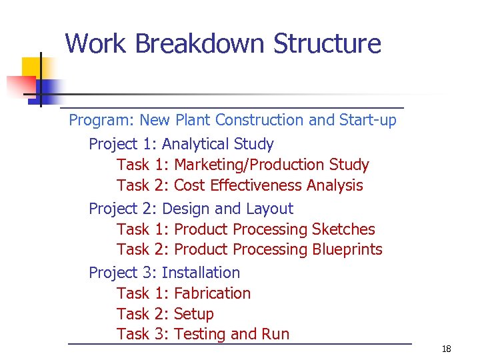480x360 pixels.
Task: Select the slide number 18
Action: [446, 349]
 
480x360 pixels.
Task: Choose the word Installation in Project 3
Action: [201, 273]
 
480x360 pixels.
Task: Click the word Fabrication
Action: [212, 293]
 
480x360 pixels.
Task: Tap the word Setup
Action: [193, 314]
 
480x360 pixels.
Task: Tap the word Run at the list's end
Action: [276, 335]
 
